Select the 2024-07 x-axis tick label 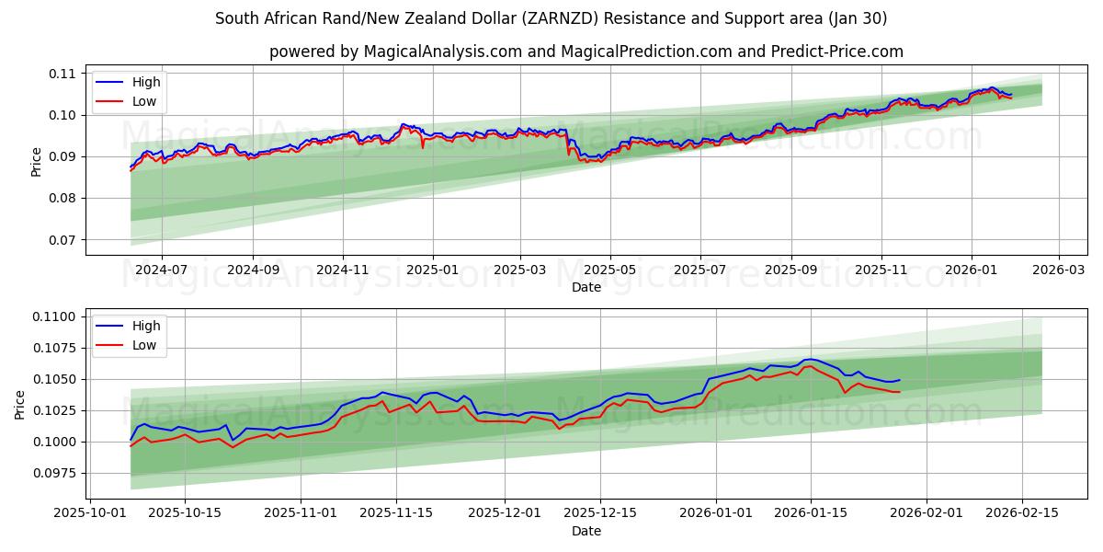[162, 270]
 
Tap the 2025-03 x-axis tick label [520, 270]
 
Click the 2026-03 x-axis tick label [1059, 270]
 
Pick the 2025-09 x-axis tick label [790, 270]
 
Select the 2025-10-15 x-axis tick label [185, 513]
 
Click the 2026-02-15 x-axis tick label [1023, 513]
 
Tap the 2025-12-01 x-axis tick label [504, 513]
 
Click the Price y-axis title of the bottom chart [20, 404]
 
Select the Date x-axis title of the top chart [586, 287]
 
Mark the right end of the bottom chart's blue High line [899, 380]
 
